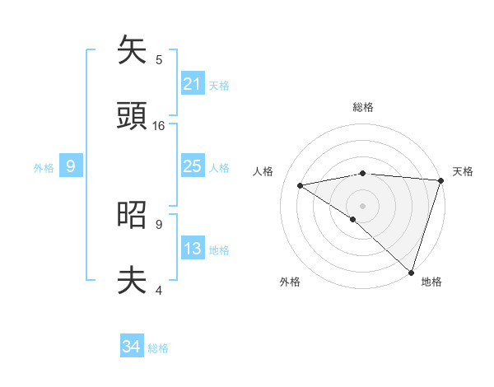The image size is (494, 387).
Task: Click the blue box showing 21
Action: coord(193,84)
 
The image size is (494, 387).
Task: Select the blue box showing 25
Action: coord(193,166)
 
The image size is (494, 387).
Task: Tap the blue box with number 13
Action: coord(193,249)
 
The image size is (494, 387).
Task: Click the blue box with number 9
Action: coord(71,166)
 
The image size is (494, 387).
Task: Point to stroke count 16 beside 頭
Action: coord(159,126)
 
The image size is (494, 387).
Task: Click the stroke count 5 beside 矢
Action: coord(159,59)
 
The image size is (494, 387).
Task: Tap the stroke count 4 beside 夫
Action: coord(159,290)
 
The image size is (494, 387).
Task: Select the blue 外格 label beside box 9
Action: coord(44,168)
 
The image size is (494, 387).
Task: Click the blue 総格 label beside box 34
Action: coord(158,348)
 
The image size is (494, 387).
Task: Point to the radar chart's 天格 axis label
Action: coord(463,171)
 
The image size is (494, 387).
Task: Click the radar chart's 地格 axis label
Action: coord(431,282)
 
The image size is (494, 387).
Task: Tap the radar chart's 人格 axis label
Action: coord(263,171)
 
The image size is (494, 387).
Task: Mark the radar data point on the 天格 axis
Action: coord(440,180)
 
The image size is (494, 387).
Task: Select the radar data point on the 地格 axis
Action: coord(412,273)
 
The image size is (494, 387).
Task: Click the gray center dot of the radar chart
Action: coord(362,205)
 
